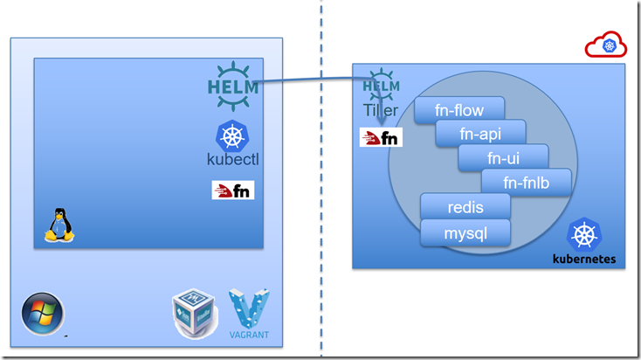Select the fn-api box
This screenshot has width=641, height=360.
coord(481,134)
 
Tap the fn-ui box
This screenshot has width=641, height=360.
coord(504,158)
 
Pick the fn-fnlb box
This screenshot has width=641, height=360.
coord(526,182)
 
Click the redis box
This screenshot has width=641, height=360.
coord(465,207)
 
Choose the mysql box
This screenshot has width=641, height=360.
coord(465,232)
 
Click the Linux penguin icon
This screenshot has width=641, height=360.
coord(58,225)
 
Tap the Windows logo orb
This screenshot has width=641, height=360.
coord(42,314)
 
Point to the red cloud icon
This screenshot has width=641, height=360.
coord(606,46)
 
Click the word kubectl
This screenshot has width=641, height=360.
coord(233,160)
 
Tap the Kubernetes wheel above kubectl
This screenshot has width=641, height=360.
coord(232,135)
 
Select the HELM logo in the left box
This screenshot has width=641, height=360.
coord(232,81)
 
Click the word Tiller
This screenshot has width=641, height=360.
coord(382,111)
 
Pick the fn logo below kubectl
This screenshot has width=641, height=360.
coord(233,190)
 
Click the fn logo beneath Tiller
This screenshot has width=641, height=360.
coord(381,137)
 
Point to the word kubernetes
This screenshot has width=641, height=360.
coord(584,259)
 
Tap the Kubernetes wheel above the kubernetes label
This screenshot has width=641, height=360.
coord(584,234)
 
